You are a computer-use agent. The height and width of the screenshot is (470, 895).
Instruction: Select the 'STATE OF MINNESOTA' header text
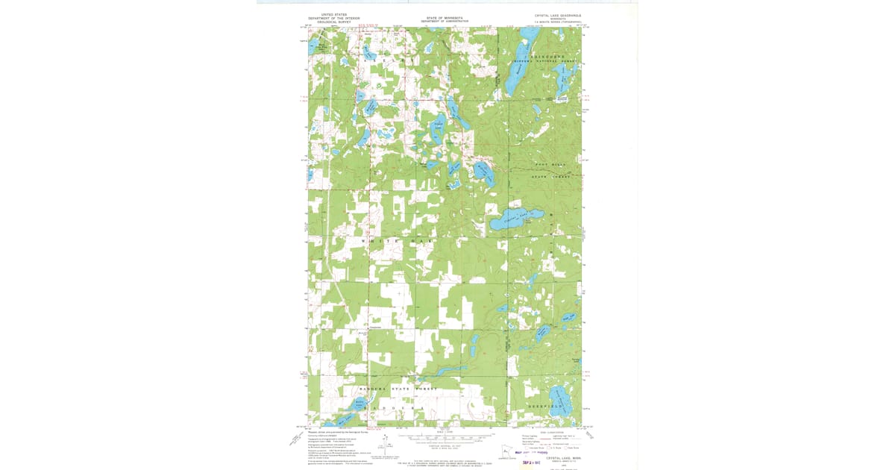[x=445, y=17]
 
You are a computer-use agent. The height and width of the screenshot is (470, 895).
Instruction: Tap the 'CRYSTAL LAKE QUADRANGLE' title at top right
[x=557, y=15]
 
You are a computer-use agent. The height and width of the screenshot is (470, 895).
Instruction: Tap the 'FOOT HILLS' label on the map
[x=551, y=163]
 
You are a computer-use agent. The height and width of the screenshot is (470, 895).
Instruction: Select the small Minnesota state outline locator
[x=503, y=451]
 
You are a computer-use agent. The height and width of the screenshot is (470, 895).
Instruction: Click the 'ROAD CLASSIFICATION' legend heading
[x=550, y=432]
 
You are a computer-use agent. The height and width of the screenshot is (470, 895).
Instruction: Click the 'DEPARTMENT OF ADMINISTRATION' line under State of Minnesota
[x=445, y=22]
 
